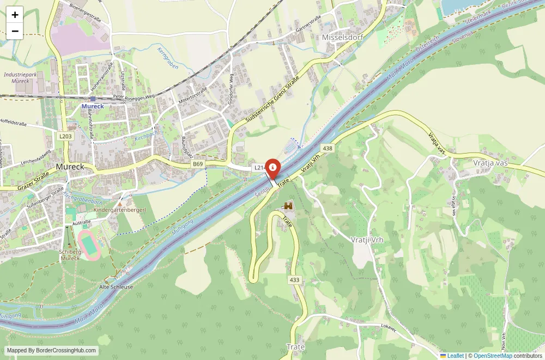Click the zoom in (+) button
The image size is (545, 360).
pos(15,15)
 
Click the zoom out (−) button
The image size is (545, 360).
pos(15,31)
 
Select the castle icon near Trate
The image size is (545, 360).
pos(288,206)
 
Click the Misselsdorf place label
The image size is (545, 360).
pos(342,37)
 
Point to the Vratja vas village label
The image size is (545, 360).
pos(491,162)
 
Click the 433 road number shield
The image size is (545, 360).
pos(295,280)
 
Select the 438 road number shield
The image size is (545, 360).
pos(328,148)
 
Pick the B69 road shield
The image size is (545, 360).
pos(197,163)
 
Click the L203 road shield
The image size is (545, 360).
pos(65,136)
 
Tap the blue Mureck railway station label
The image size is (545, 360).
pos(93,106)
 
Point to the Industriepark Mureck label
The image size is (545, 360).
pos(20,77)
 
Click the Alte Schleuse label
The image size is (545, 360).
pos(116,286)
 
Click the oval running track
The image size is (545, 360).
pos(89,245)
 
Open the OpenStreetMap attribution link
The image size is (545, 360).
pos(493,356)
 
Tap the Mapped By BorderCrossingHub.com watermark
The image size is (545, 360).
pos(52,351)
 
